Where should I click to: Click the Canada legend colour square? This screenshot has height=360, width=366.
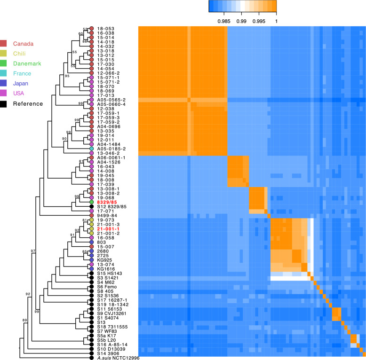click(4, 44)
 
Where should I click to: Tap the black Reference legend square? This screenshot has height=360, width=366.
click(4, 103)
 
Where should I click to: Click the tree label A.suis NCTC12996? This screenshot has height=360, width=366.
click(118, 358)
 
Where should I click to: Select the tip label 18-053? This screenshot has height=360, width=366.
click(106, 29)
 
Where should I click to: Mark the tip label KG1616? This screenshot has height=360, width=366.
click(106, 268)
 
